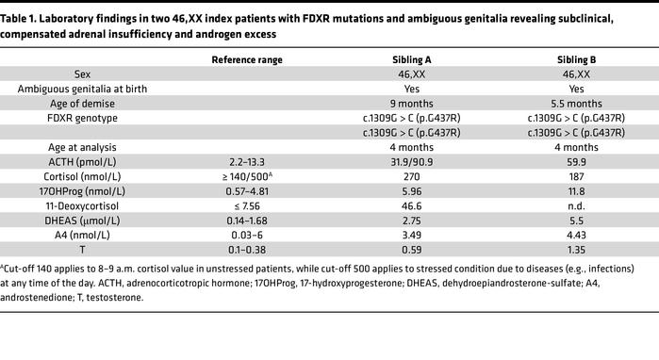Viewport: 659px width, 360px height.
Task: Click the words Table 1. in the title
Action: pyautogui.click(x=22, y=11)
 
